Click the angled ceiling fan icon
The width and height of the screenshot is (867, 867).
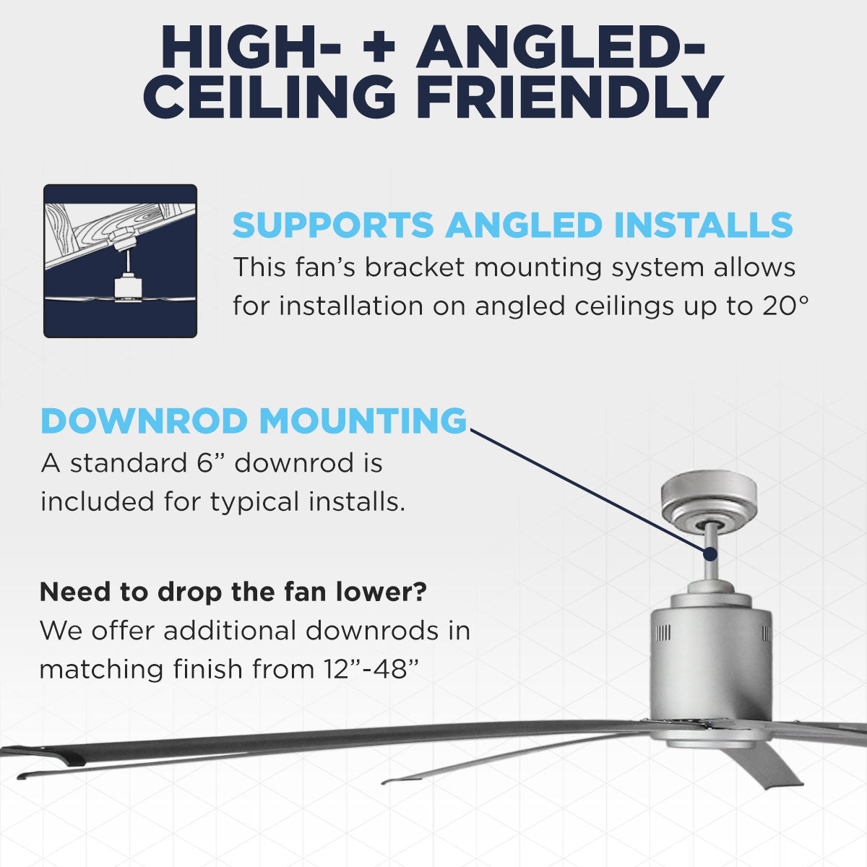(x=120, y=261)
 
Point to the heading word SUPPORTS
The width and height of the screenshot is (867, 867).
(x=333, y=225)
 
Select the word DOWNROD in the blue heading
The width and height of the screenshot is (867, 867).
(x=144, y=421)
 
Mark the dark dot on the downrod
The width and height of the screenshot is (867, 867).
(x=709, y=554)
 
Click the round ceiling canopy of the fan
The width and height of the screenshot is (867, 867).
(x=709, y=499)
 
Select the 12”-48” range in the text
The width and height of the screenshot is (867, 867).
(x=368, y=669)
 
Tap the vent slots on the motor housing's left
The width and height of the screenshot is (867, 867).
(x=663, y=634)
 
